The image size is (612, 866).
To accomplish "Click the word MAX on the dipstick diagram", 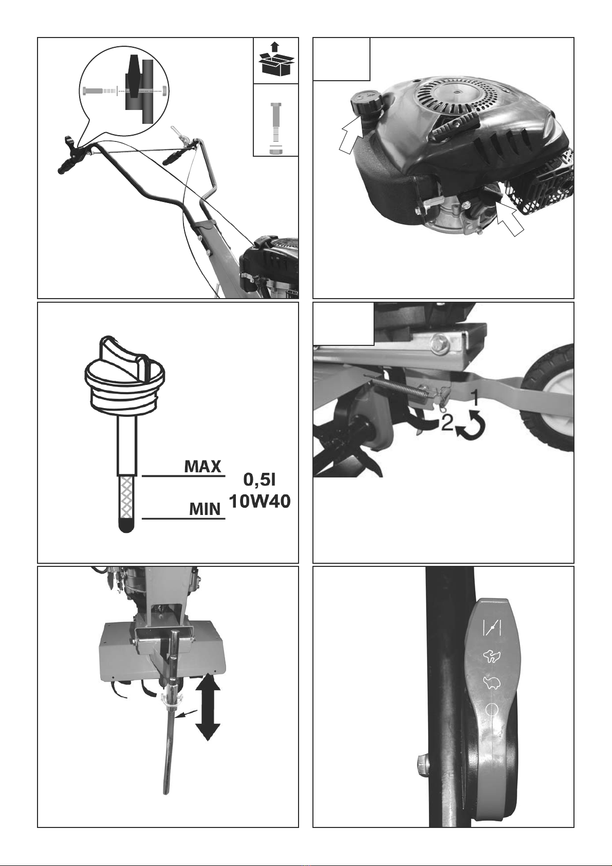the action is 202,467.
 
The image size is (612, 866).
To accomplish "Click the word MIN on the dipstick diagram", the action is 205,509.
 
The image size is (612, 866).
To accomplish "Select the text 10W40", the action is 259,502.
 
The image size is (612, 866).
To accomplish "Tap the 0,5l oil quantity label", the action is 259,480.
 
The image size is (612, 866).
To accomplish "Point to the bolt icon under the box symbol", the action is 275,128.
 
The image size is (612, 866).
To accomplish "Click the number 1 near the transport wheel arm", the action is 475,397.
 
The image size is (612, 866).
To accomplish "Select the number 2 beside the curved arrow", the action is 447,423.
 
